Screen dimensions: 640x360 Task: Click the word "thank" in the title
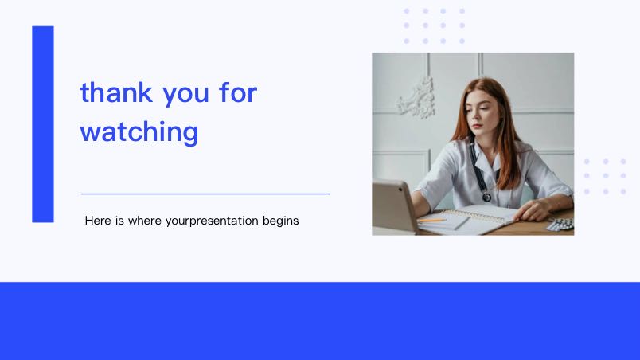pos(116,92)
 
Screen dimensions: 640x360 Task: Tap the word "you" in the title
pos(185,95)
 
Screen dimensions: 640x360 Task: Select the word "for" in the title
pos(238,92)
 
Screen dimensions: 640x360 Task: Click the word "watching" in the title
pos(139,131)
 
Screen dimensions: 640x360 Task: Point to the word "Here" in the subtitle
pos(98,221)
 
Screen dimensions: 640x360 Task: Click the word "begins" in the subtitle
pos(280,221)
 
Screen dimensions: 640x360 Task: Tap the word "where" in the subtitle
pos(145,221)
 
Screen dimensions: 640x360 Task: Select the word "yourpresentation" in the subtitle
pos(212,221)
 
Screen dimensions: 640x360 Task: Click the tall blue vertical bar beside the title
pos(43,124)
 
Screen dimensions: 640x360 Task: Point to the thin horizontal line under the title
pos(205,194)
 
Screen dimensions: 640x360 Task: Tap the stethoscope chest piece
pos(486,197)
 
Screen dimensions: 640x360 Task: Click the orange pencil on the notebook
pos(431,221)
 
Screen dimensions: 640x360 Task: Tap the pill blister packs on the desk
pos(561,224)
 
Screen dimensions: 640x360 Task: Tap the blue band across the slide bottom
pos(320,321)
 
